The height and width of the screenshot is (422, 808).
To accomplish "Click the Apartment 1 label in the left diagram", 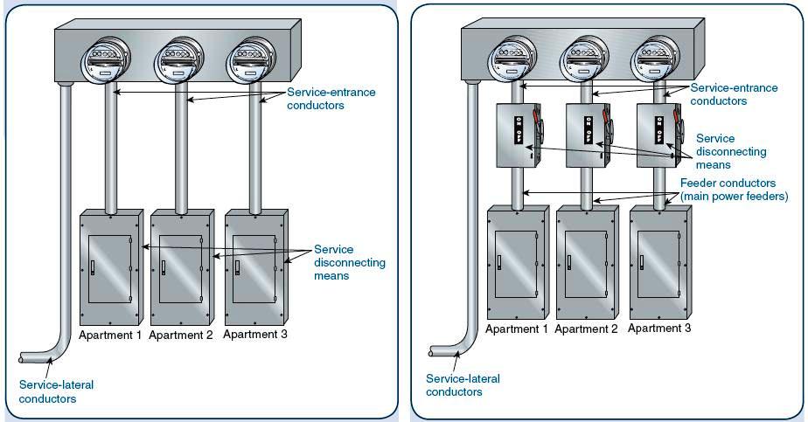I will pos(110,335).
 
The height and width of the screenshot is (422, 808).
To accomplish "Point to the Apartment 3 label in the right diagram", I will pos(659,329).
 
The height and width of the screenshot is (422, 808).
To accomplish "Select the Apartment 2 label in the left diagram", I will pos(181,335).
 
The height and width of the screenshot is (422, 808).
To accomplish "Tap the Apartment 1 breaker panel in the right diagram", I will pos(517,262).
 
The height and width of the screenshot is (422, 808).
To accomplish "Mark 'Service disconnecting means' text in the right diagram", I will pos(731,152).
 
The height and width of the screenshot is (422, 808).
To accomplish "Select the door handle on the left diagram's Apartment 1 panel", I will pos(92,266).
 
